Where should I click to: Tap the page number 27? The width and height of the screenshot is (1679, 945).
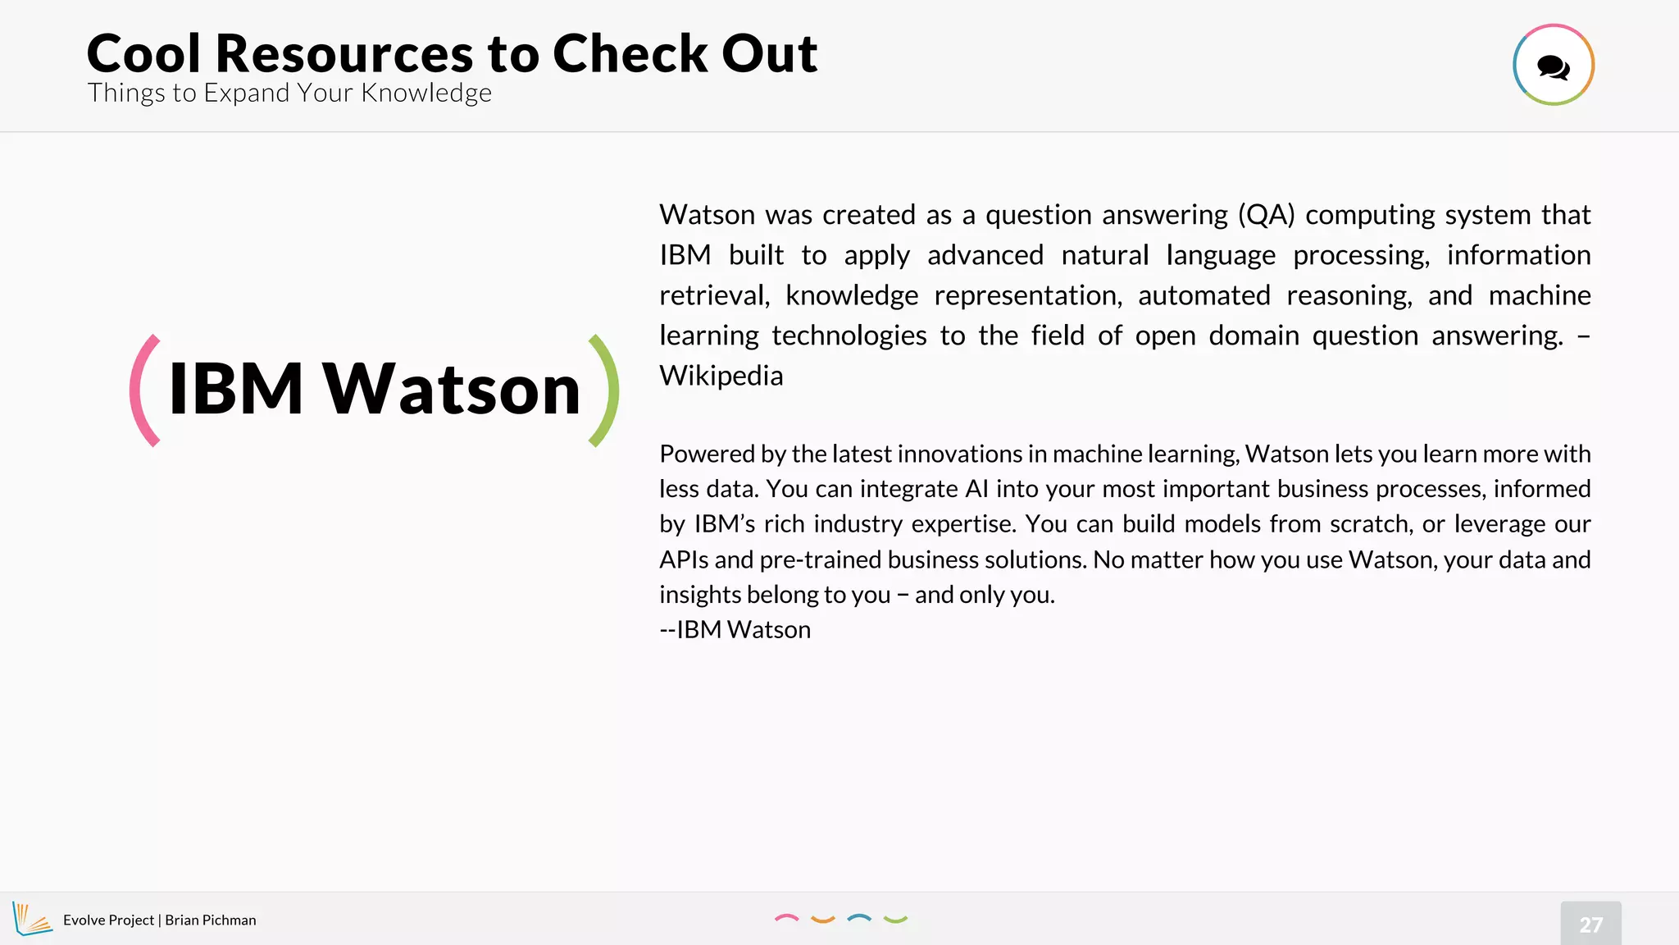click(1590, 924)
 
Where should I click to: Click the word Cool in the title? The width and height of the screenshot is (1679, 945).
click(143, 54)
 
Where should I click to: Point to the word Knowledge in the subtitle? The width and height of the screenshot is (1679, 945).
click(426, 94)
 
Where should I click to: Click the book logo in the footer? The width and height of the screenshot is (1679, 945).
click(31, 919)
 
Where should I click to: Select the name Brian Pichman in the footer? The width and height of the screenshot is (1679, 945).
click(211, 920)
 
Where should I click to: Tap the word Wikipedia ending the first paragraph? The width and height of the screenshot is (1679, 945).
click(721, 376)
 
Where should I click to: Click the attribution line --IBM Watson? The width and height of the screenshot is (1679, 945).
click(735, 630)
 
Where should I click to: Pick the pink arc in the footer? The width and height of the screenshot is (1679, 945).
click(786, 919)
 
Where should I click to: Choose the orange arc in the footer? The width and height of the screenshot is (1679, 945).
click(822, 920)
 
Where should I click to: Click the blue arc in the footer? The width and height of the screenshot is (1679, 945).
click(858, 919)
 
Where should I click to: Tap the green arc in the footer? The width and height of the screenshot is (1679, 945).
click(895, 920)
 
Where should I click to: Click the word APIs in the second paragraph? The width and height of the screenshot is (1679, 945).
click(684, 559)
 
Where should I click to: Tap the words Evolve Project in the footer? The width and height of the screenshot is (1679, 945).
click(108, 920)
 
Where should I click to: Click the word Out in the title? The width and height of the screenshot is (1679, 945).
click(769, 54)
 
